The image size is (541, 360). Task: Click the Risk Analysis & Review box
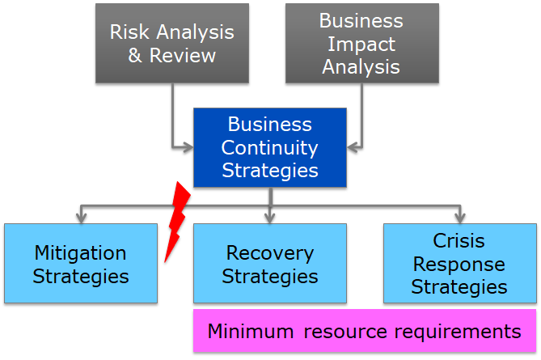coord(172,43)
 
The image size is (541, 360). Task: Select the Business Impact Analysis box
coord(361,43)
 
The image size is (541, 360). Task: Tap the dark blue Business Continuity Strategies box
coord(270,147)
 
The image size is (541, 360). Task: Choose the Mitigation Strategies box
coord(80,264)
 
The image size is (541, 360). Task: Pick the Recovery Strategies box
coord(270,264)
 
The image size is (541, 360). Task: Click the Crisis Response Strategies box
coord(459,264)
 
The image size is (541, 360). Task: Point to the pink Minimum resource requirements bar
coord(365,331)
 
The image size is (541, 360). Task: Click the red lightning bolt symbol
coord(177,222)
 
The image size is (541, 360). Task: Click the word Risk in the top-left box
coord(129,32)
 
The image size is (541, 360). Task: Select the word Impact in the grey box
coord(361,43)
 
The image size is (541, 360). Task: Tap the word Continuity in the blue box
coord(270,147)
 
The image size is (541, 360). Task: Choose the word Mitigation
coord(80,252)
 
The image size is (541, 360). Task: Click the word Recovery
coord(270,252)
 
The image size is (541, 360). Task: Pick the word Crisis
coord(459,241)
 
